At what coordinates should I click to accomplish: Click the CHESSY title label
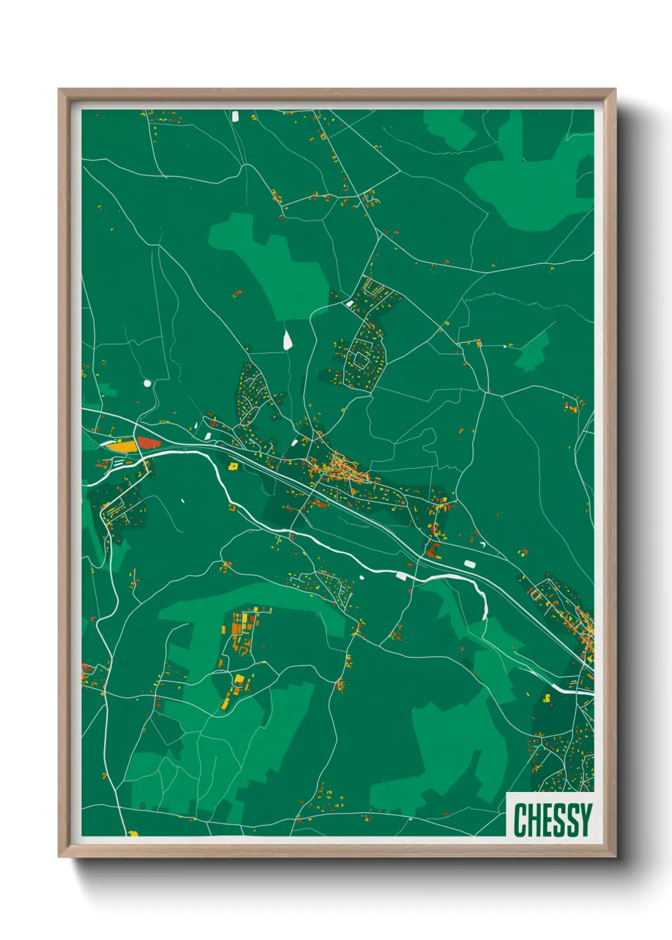[x=552, y=819]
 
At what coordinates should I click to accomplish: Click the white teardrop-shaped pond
[x=288, y=340]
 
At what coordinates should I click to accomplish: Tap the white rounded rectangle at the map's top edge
[x=235, y=116]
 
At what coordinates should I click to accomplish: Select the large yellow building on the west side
[x=123, y=446]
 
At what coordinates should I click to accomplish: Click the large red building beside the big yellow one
[x=149, y=442]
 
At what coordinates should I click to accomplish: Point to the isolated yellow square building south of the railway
[x=233, y=466]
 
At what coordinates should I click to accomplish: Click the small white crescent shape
[x=483, y=544]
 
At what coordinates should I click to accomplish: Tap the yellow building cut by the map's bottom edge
[x=133, y=833]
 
